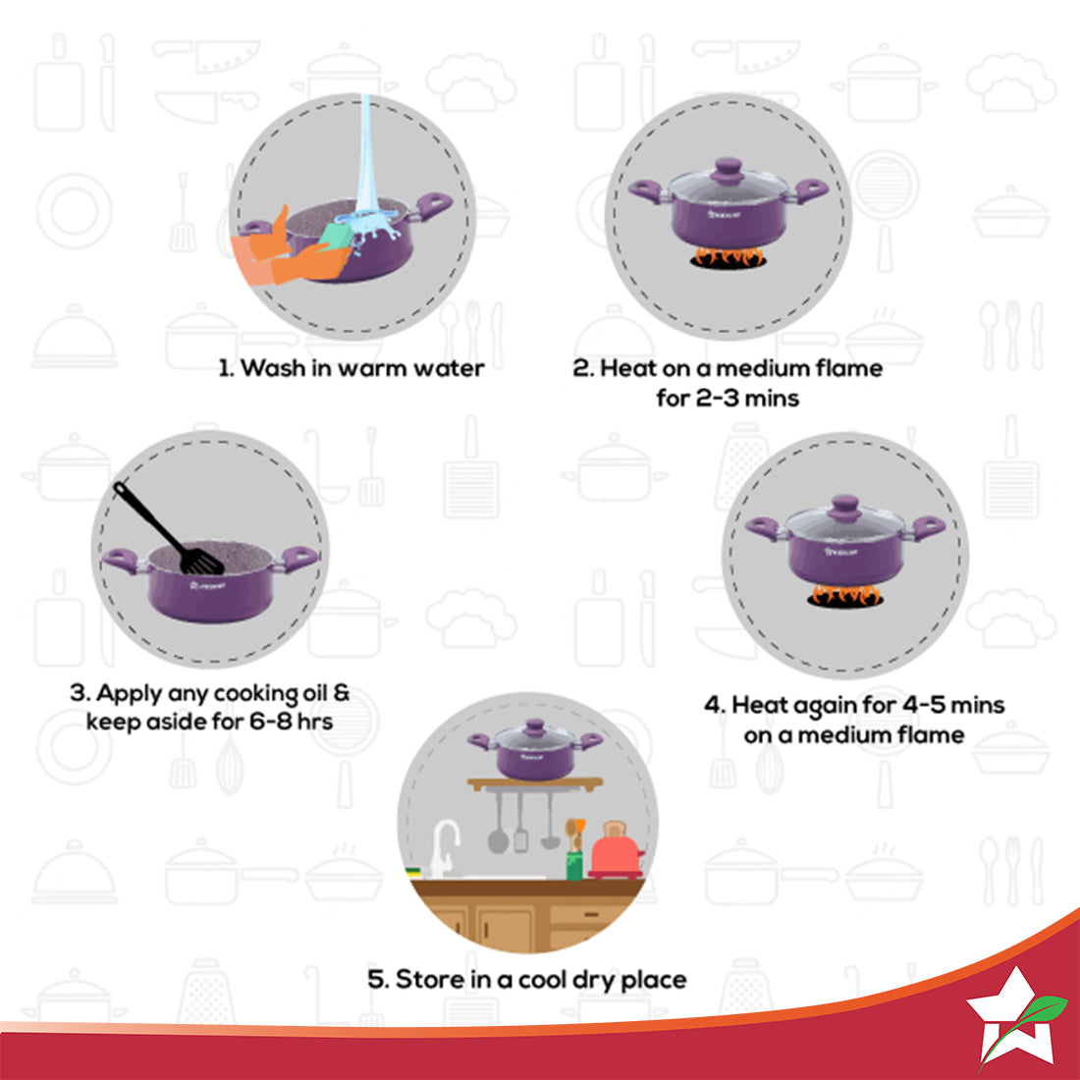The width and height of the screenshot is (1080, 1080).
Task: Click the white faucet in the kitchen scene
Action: [445, 844]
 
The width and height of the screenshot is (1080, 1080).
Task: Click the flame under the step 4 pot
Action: [845, 595]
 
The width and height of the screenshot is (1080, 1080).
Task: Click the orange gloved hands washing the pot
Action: [285, 250]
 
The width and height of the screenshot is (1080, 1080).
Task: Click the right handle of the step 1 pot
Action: [433, 204]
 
